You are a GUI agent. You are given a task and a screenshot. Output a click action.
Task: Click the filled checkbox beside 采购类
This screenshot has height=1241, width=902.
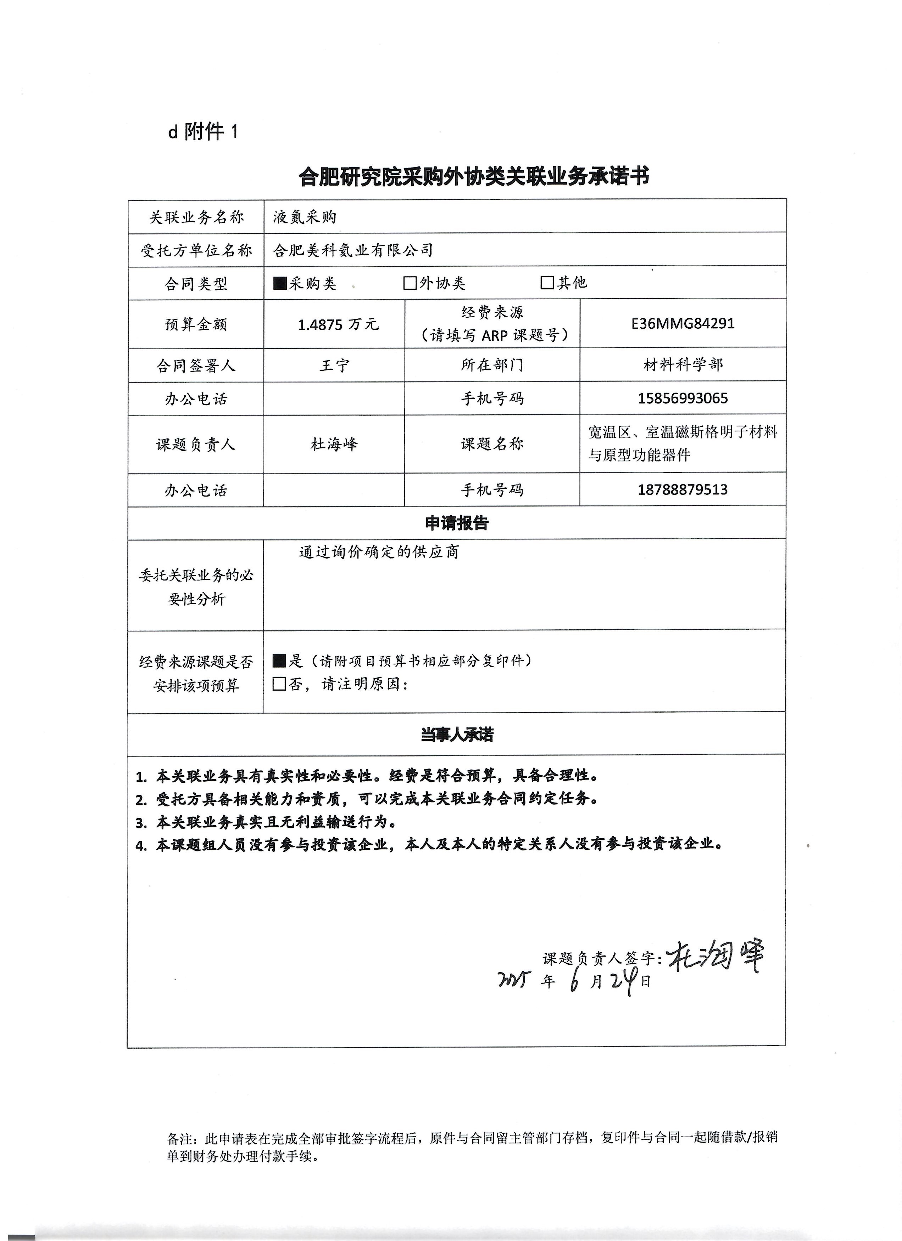280,283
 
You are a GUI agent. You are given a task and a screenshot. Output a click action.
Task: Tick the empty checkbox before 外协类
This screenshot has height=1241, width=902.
410,283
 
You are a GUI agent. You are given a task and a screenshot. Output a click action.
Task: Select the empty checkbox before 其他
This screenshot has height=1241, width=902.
547,282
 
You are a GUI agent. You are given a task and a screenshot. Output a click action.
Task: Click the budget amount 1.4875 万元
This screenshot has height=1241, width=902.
338,324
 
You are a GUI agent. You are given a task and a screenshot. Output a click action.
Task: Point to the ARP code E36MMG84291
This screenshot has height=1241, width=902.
683,323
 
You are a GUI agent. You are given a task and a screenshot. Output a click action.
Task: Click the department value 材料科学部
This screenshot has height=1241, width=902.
683,364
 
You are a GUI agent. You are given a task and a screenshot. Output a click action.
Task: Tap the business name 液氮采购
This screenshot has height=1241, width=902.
305,217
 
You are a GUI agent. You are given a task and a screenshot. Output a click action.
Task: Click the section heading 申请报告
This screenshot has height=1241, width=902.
457,523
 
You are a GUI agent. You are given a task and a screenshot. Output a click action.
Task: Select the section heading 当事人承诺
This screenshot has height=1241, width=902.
457,734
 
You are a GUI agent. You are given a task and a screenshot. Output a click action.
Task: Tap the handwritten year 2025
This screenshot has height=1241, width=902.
515,980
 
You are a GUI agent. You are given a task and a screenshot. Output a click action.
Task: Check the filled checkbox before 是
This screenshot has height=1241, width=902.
279,661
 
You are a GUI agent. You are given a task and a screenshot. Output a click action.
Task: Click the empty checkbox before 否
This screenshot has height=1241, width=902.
279,684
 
